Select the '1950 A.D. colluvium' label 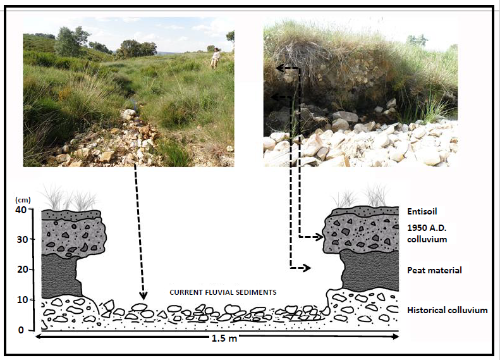click(427, 233)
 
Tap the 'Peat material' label click(434, 270)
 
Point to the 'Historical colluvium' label click(448, 310)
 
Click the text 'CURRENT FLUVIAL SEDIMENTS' click(223, 292)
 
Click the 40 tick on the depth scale click(23, 211)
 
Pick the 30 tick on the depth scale click(23, 240)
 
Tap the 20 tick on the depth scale click(23, 270)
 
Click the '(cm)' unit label click(24, 199)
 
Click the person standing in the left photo click(216, 58)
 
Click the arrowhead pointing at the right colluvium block click(319, 237)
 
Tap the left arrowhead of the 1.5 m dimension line click(38, 337)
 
